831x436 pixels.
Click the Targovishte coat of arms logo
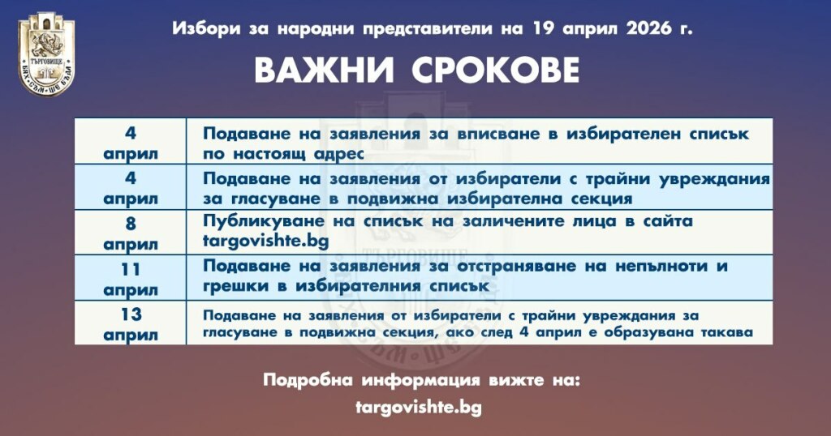pyautogui.click(x=46, y=53)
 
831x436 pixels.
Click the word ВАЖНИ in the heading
pyautogui.click(x=325, y=71)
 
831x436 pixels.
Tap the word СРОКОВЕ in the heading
pyautogui.click(x=496, y=71)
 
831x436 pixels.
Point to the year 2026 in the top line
pyautogui.click(x=649, y=28)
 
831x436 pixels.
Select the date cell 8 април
pyautogui.click(x=131, y=233)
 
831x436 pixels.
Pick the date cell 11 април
pyautogui.click(x=131, y=279)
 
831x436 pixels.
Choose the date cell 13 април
pyautogui.click(x=131, y=324)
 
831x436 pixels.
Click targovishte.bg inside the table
pyautogui.click(x=266, y=242)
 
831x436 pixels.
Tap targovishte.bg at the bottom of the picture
pyautogui.click(x=419, y=408)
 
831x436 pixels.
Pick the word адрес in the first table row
pyautogui.click(x=338, y=155)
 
